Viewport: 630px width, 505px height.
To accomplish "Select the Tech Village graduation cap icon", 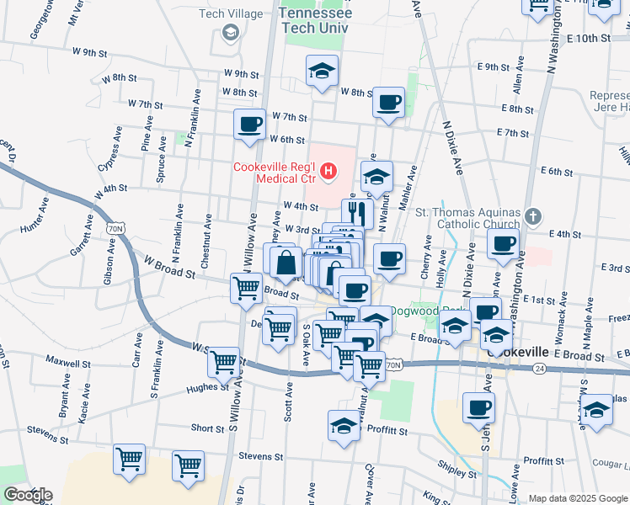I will coord(228,33).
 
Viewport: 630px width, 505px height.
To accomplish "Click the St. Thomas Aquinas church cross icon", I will coord(531,217).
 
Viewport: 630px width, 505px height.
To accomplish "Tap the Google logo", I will coord(28,495).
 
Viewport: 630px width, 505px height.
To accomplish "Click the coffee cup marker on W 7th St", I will coord(249,125).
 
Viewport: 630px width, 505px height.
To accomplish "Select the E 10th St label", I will coord(588,39).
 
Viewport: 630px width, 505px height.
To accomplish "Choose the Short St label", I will coord(207,428).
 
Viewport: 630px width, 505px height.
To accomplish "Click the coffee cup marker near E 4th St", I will coord(503,244).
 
